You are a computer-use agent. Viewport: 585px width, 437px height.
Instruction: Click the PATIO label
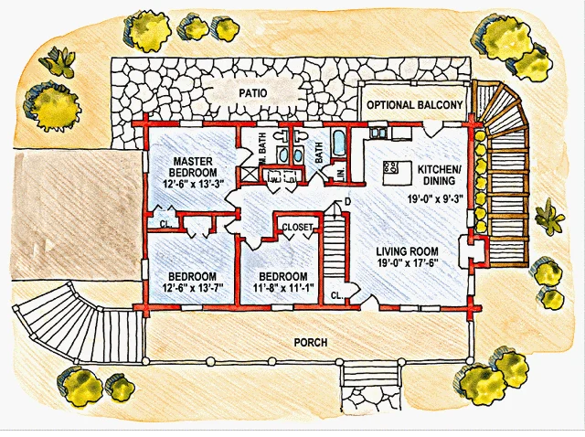point(253,92)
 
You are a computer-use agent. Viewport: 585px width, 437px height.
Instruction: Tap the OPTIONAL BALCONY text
point(414,105)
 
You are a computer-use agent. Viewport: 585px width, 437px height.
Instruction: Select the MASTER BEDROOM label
point(193,166)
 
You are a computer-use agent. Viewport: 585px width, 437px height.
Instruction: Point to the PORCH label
point(311,342)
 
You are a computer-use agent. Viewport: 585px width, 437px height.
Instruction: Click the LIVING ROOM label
point(407,251)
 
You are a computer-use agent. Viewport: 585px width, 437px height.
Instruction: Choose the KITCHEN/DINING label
point(439,175)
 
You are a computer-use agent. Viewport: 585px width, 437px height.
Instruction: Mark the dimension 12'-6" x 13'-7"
point(192,288)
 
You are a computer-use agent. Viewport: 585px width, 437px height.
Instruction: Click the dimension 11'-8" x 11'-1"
point(283,288)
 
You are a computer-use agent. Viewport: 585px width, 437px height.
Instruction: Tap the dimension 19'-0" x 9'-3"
point(435,198)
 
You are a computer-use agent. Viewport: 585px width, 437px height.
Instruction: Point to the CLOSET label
point(297,228)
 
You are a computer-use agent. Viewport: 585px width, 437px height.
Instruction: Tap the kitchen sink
point(378,133)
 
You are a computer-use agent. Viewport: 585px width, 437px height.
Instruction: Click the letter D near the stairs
point(347,202)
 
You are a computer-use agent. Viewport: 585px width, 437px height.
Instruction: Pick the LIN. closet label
point(341,175)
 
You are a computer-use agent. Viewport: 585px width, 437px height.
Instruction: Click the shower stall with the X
point(248,175)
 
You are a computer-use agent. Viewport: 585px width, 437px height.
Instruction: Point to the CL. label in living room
point(336,295)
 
